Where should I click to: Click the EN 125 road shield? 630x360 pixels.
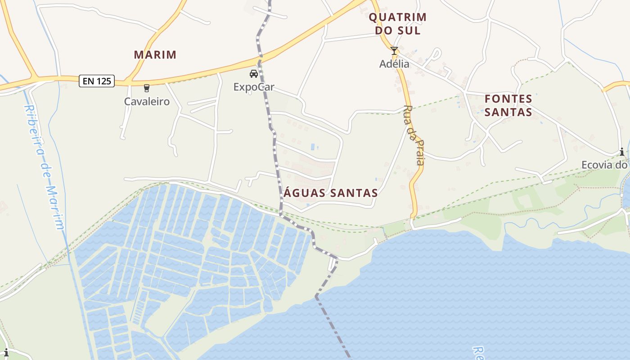[96, 81]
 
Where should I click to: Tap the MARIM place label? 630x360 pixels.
[155, 55]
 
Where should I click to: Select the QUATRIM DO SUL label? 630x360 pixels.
[397, 24]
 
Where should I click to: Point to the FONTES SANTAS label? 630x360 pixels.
[508, 105]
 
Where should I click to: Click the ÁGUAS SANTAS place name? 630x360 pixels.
[331, 193]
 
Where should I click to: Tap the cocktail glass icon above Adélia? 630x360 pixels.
[394, 51]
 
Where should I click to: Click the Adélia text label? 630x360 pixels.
[394, 64]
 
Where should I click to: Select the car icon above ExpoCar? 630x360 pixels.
[254, 74]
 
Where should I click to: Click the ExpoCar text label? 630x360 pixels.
[254, 87]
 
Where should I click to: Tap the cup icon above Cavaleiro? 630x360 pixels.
[146, 88]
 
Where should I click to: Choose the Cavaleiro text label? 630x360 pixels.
[147, 101]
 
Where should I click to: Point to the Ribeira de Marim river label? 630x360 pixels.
[44, 167]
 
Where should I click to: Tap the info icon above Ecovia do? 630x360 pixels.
[622, 152]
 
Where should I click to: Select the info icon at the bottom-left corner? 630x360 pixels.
[6, 352]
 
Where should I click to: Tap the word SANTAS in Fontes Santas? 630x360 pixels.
[508, 112]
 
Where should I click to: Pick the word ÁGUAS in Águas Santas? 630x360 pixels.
[304, 193]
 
